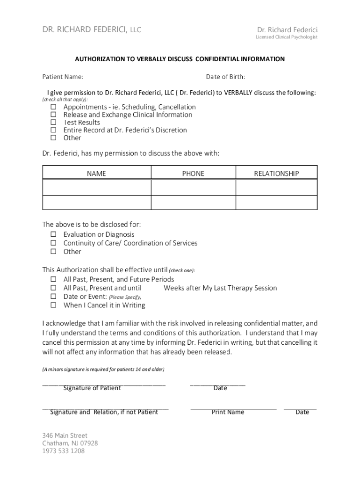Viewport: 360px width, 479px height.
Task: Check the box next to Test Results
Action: [x=53, y=123]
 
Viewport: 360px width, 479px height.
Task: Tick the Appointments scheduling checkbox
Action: [x=53, y=107]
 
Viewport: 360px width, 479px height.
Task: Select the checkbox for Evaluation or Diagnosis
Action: [x=53, y=234]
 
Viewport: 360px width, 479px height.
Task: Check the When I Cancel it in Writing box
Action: [x=53, y=305]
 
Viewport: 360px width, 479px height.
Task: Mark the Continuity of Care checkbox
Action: [x=53, y=243]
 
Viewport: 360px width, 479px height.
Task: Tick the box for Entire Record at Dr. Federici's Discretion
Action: [x=53, y=130]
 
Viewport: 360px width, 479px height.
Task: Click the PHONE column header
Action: [x=193, y=174]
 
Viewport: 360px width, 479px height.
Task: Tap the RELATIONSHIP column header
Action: [x=276, y=174]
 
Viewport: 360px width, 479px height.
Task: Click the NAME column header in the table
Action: [x=96, y=174]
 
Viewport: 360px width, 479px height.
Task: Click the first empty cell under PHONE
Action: [x=193, y=188]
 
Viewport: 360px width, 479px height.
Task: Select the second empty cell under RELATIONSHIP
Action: [x=276, y=202]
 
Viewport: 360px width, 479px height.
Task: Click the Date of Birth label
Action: [x=225, y=77]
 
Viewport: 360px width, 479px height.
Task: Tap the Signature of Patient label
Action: [x=92, y=388]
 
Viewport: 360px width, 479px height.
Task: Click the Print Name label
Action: [x=228, y=412]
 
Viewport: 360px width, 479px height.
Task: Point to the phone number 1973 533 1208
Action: [x=64, y=451]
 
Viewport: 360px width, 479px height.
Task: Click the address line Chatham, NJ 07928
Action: [x=70, y=443]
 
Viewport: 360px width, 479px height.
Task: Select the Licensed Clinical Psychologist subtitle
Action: [x=286, y=37]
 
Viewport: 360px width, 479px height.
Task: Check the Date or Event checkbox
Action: [x=53, y=297]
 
